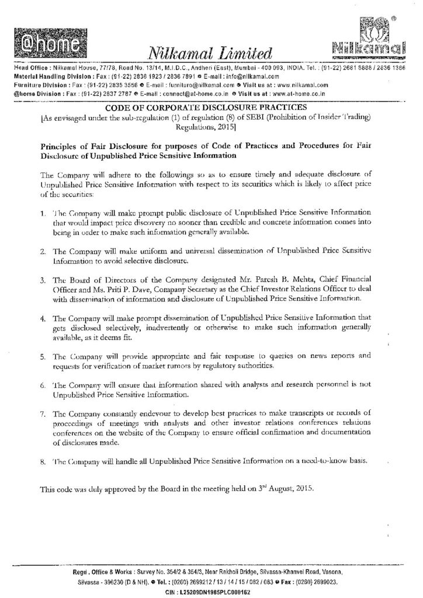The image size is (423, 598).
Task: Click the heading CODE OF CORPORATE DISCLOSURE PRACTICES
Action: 211,107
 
